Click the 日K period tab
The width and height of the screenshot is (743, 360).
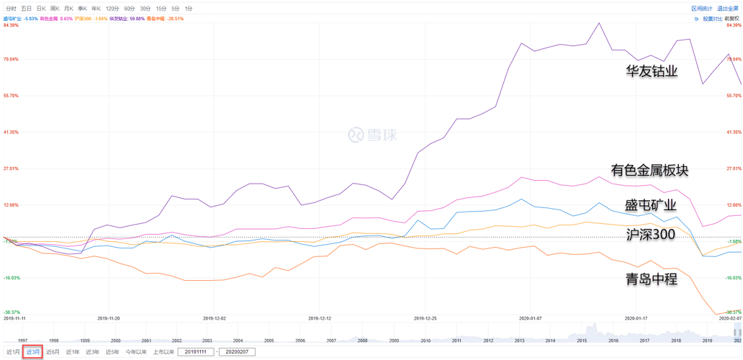point(41,9)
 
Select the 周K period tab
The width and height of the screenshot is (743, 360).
point(55,9)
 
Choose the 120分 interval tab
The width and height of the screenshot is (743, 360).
point(112,9)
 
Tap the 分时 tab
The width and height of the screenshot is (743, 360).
point(11,9)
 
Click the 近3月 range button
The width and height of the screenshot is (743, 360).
point(33,352)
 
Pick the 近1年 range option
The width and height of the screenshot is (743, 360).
point(73,352)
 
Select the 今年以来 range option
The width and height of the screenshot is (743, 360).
point(135,352)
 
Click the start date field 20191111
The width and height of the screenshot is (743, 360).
point(195,352)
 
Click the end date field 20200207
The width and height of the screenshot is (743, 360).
point(236,352)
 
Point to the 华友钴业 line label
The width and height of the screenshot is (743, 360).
point(652,71)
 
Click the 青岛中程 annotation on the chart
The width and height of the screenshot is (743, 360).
point(652,279)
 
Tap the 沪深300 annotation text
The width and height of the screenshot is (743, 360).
point(650,234)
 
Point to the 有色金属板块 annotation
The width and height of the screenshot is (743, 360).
point(649,171)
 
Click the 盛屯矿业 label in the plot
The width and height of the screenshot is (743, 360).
point(650,205)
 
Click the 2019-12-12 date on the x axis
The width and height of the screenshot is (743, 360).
point(320,318)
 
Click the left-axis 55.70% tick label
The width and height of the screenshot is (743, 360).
point(11,96)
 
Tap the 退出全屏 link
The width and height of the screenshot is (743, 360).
point(728,9)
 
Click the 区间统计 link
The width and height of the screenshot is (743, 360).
point(701,9)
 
